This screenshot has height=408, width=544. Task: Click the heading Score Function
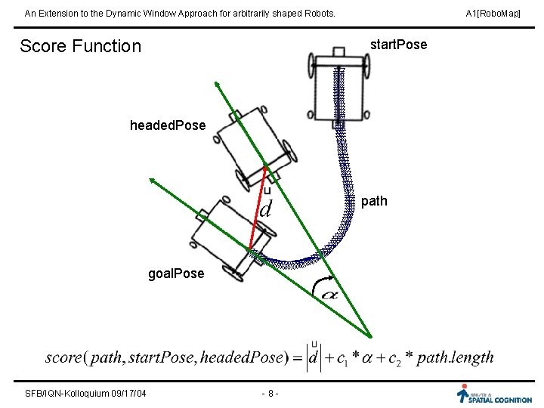coord(80,46)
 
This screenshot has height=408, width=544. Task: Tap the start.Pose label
coord(398,45)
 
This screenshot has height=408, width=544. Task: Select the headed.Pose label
coord(168,125)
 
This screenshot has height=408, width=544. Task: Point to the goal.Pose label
coord(176,274)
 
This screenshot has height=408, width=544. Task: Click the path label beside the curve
coord(374,201)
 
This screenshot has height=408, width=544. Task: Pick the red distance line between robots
coord(257,208)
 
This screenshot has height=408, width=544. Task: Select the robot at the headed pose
coord(252,145)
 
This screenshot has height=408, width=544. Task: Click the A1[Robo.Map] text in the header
coord(493,14)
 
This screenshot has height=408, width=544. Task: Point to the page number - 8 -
coord(270,393)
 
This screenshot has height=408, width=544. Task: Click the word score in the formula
coord(65,357)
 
